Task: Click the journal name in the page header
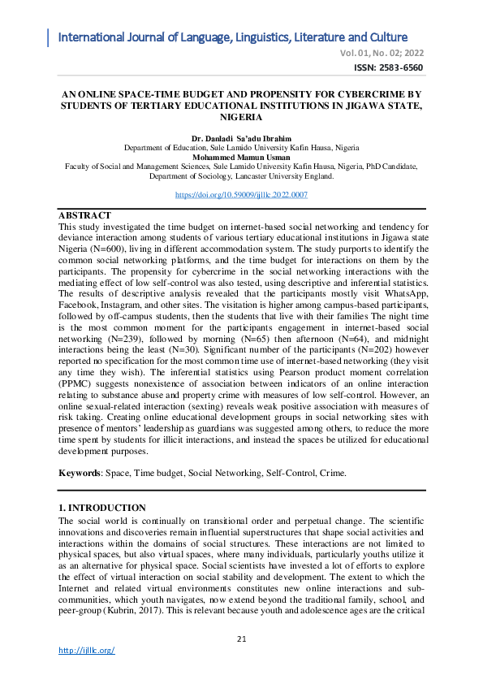(233, 37)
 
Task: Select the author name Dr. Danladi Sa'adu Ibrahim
(241, 139)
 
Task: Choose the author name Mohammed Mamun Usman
(241, 157)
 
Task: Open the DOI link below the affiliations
(241, 196)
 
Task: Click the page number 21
(241, 639)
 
